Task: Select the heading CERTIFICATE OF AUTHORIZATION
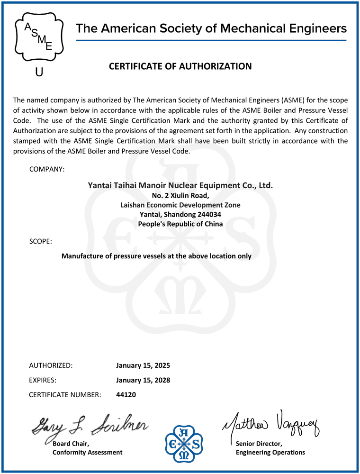click(x=180, y=66)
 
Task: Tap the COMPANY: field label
click(x=47, y=169)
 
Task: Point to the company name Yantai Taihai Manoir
click(x=180, y=185)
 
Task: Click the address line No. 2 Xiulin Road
click(x=180, y=195)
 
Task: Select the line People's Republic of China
click(x=180, y=224)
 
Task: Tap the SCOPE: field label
click(x=41, y=241)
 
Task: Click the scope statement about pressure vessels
click(x=157, y=256)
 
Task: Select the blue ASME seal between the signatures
click(x=180, y=442)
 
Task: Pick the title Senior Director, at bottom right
click(x=259, y=443)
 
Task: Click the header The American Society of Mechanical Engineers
click(x=211, y=28)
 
